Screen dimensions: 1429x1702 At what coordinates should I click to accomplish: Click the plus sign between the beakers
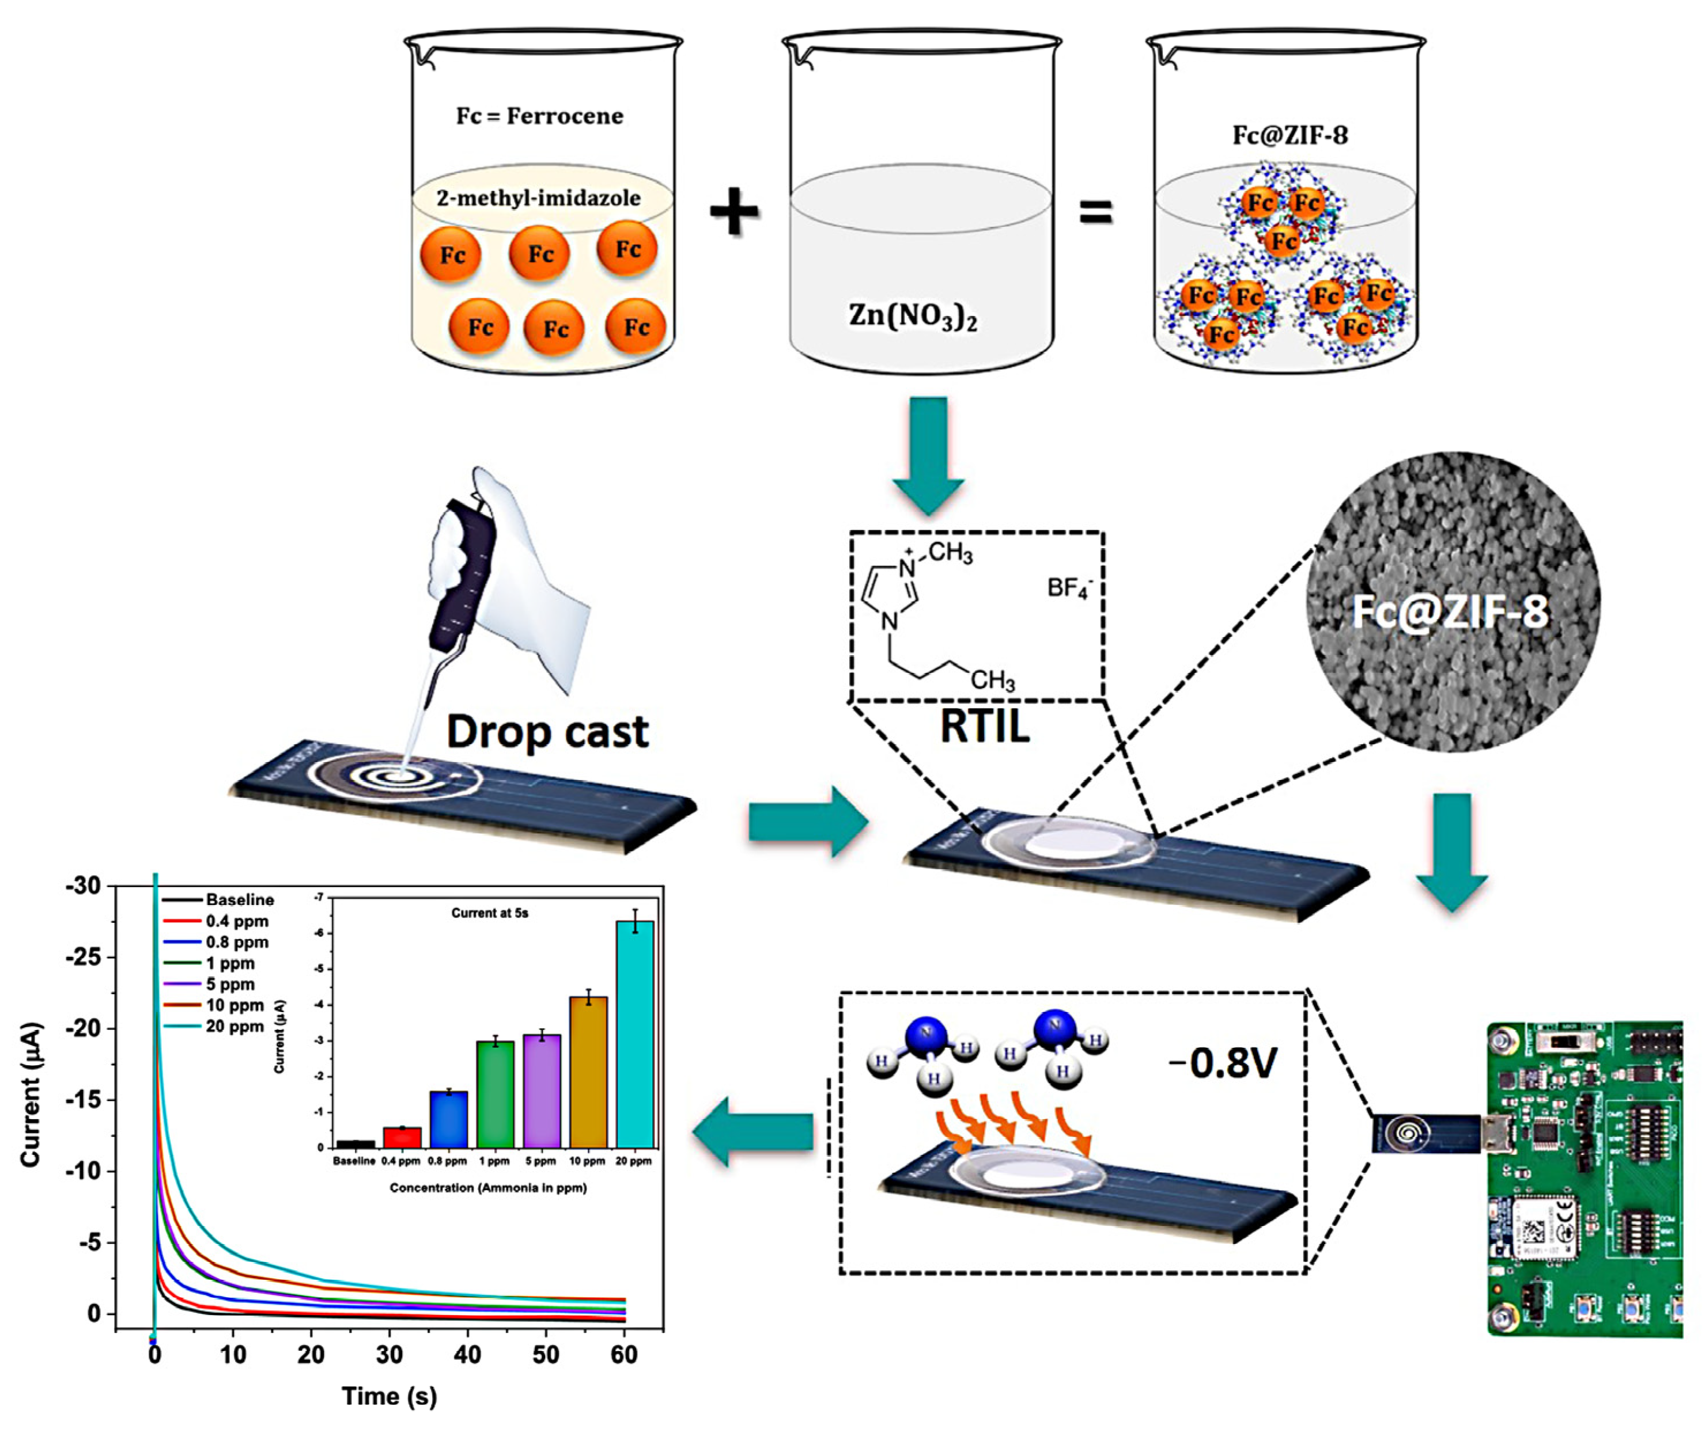point(734,212)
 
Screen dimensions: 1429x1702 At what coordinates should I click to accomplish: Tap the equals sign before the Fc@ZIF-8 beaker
point(1096,213)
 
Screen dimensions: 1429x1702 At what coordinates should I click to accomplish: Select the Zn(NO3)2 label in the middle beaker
point(913,315)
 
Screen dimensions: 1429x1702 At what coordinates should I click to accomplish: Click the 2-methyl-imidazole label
point(538,197)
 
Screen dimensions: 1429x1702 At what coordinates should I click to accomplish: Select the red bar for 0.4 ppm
point(402,1137)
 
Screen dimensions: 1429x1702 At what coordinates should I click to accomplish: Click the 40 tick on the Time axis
point(468,1355)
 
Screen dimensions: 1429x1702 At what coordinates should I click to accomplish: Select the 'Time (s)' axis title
point(389,1397)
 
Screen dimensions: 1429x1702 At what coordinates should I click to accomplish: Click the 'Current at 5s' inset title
point(490,913)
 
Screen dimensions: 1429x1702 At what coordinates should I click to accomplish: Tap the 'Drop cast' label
point(548,732)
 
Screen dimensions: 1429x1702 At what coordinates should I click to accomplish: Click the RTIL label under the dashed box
point(984,726)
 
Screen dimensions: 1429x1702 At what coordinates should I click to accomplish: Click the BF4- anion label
point(1070,587)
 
